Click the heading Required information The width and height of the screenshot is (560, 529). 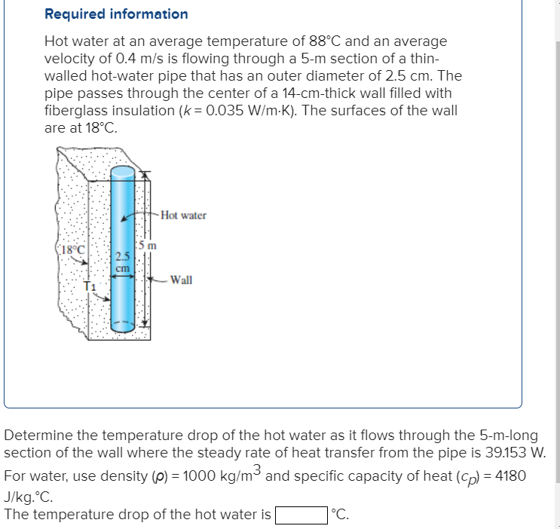[x=116, y=14]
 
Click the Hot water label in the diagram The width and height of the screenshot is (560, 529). [x=183, y=216]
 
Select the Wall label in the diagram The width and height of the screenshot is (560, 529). [x=181, y=280]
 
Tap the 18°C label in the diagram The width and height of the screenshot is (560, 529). [x=75, y=249]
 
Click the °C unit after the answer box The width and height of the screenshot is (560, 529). [x=341, y=515]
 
